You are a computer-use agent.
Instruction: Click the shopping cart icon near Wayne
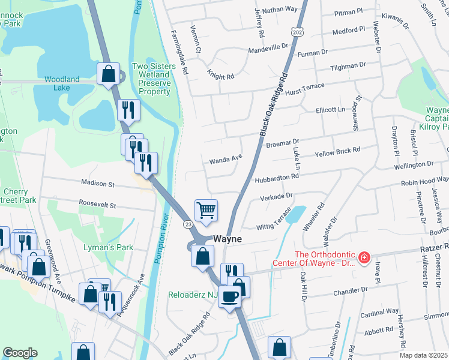click(x=206, y=210)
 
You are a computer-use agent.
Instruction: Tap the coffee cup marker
click(x=229, y=296)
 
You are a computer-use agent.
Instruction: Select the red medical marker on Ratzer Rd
click(x=363, y=258)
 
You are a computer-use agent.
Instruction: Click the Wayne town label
click(x=226, y=239)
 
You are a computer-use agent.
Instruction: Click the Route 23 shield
click(x=188, y=224)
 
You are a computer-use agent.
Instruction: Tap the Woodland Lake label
click(x=62, y=83)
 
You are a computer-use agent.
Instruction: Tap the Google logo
click(x=20, y=353)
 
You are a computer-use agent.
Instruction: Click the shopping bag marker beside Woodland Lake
click(x=109, y=74)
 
